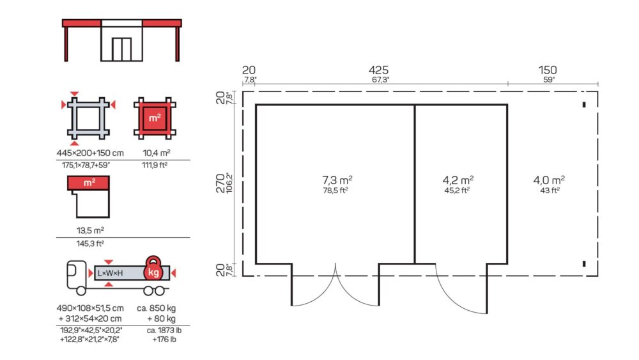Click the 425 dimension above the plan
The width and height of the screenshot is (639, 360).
[378, 70]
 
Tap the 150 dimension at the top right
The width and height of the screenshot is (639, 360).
[548, 70]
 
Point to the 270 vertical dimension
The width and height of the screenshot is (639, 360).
[220, 183]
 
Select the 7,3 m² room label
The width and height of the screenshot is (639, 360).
[337, 180]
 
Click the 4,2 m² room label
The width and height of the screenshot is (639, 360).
[458, 180]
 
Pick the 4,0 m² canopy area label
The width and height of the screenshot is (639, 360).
[549, 180]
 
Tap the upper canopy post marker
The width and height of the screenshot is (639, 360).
[584, 105]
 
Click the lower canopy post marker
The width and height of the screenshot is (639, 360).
[584, 264]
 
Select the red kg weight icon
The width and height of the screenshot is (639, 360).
[153, 269]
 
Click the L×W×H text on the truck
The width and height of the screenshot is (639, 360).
[110, 273]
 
